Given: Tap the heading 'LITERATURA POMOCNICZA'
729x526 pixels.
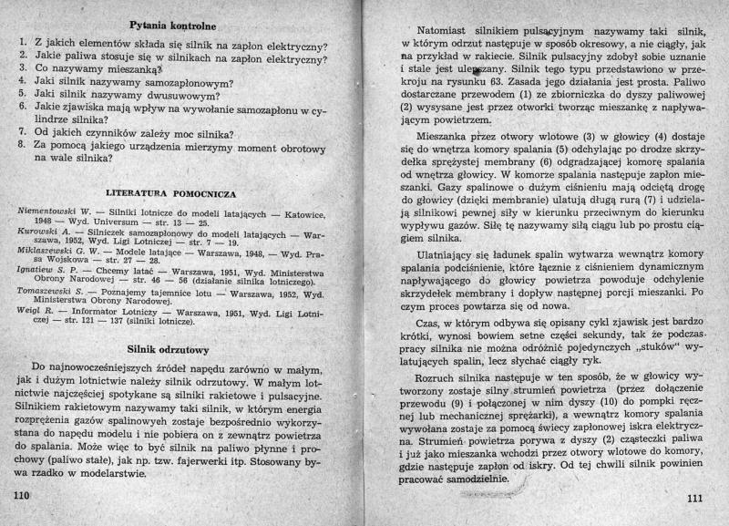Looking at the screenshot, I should point(171,194).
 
